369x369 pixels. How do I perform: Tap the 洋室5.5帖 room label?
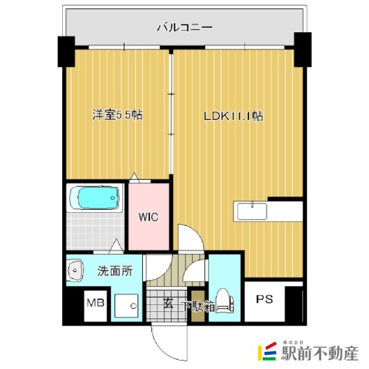coord(118,115)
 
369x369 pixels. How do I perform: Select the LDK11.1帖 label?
coord(233,115)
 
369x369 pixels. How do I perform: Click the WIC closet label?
coord(148,217)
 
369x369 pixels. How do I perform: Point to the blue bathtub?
coord(96,198)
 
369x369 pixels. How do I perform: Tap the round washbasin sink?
coord(74,270)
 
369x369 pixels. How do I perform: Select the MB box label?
coord(95,302)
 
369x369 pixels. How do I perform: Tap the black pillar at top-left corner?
coord(66,50)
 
